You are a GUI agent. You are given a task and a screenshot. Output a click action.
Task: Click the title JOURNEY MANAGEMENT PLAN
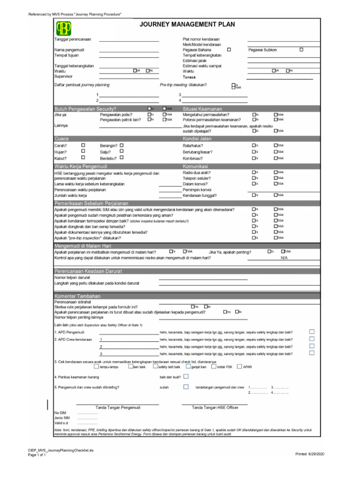(x=187, y=24)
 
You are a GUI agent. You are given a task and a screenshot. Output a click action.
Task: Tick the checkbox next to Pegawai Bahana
(x=229, y=49)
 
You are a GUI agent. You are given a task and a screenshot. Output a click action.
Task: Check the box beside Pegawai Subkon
(x=301, y=49)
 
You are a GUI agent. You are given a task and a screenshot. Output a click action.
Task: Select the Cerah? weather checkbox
(x=83, y=145)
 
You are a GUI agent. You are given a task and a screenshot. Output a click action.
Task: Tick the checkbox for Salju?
(x=121, y=151)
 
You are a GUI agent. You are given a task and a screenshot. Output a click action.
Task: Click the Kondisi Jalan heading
(x=197, y=139)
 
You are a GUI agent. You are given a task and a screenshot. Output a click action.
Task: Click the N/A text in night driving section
(x=284, y=258)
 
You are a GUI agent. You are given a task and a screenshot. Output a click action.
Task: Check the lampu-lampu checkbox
(x=96, y=367)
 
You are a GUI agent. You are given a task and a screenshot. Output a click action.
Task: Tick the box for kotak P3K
(x=213, y=367)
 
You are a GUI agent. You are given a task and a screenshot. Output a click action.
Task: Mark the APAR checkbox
(x=240, y=367)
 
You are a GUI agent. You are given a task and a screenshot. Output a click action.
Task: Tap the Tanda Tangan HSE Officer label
(x=215, y=407)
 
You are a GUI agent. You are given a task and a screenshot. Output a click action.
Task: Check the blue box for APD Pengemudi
(x=312, y=331)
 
